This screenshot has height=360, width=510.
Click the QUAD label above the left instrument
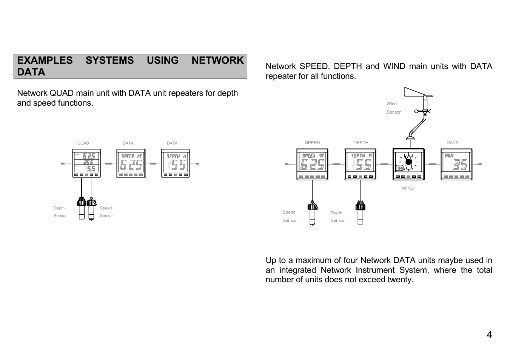click(x=83, y=143)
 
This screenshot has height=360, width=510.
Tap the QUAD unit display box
click(x=86, y=163)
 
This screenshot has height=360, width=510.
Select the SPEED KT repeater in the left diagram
click(x=131, y=163)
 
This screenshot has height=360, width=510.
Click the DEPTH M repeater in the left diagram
click(x=176, y=163)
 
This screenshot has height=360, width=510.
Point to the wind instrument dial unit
click(x=408, y=164)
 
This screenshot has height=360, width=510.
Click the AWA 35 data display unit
click(x=456, y=164)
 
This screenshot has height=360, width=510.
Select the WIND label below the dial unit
click(x=408, y=188)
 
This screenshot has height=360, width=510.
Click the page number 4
click(x=489, y=335)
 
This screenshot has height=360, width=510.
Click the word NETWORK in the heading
click(x=217, y=60)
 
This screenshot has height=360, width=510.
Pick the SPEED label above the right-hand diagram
click(x=312, y=143)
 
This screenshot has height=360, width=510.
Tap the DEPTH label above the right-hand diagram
click(x=361, y=143)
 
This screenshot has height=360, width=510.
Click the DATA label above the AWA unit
click(x=452, y=143)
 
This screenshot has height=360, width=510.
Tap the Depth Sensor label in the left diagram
click(x=60, y=212)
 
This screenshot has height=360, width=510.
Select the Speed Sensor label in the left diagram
click(x=106, y=212)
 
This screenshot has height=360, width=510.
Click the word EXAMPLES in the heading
click(x=45, y=60)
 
